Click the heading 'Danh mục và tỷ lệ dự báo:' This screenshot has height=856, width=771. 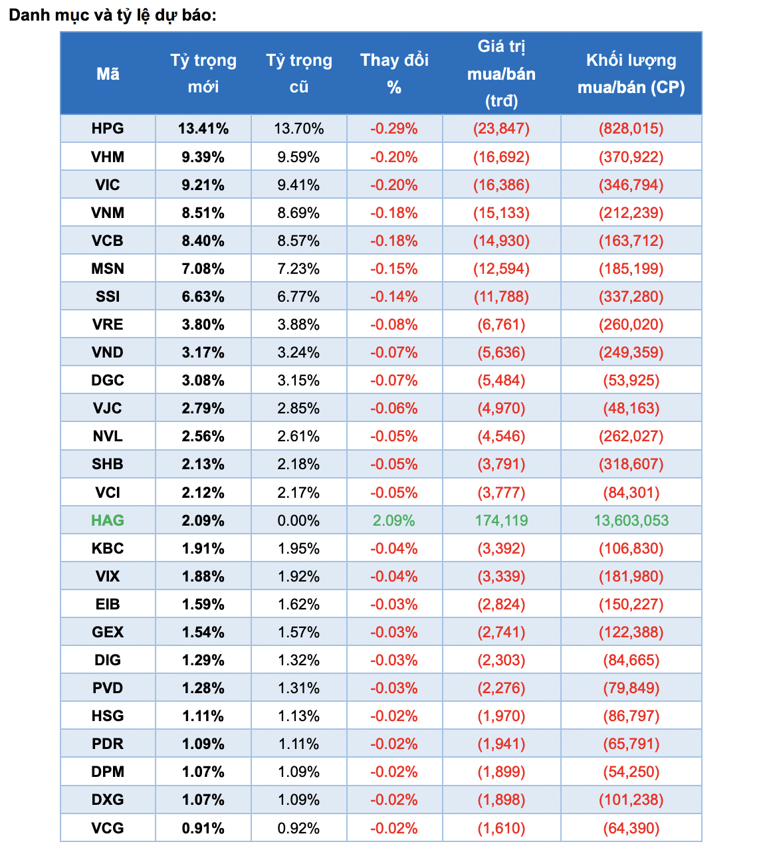[x=112, y=15]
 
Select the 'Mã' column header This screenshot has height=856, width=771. [x=108, y=74]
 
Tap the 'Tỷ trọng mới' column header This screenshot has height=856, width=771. [x=203, y=74]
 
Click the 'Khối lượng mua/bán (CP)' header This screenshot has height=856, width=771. [x=631, y=74]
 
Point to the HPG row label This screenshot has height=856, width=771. [x=108, y=129]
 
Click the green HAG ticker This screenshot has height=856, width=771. [x=108, y=520]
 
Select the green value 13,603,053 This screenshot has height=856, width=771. [x=631, y=520]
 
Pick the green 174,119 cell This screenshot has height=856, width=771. [x=501, y=520]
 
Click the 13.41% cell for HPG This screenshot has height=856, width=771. [x=203, y=129]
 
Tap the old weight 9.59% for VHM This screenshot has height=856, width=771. [x=298, y=157]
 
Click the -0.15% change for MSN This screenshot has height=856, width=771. [x=394, y=268]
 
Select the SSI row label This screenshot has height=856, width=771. [x=108, y=296]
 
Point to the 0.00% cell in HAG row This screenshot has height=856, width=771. [x=298, y=520]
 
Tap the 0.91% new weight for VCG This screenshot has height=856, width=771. [x=203, y=828]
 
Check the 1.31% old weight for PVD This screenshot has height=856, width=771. [x=298, y=688]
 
